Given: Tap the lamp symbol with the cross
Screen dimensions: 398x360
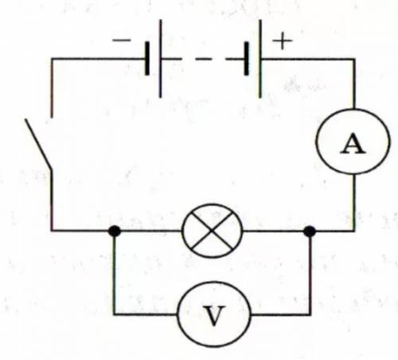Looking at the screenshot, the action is (213, 231).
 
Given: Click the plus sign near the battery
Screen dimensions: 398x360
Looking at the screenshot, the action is (283, 41).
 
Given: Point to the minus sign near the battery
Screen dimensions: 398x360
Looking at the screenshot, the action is (122, 41).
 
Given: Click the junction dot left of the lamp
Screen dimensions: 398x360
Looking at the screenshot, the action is (115, 231).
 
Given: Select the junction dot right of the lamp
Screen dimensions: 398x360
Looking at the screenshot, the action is (310, 232).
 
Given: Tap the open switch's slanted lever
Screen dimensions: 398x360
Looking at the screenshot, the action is (38, 144).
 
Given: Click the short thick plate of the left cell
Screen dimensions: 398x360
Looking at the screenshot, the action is (147, 58).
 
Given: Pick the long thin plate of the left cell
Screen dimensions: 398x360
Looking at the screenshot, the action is (160, 59).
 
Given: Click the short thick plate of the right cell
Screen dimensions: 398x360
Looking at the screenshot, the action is (247, 58).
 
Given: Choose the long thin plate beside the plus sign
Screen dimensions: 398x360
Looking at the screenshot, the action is (260, 59).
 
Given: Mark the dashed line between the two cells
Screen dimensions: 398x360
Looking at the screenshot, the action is (203, 59).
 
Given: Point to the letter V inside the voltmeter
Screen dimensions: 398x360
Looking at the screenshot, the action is (214, 315).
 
